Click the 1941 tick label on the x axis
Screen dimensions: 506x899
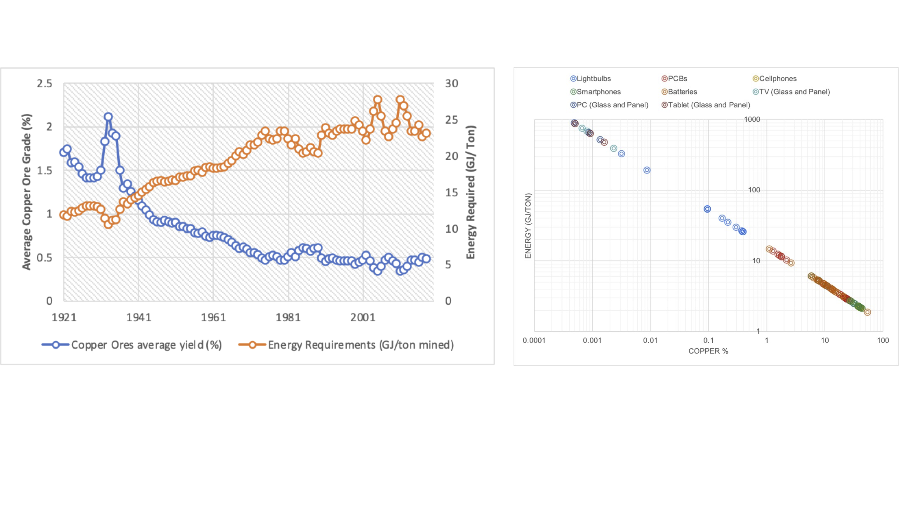(x=139, y=317)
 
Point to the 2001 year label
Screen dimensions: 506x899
(x=363, y=317)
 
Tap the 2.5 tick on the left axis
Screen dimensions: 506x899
(x=44, y=83)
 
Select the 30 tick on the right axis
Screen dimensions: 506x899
(x=452, y=83)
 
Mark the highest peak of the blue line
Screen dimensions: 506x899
(x=108, y=117)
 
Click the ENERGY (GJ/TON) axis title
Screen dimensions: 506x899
(x=528, y=226)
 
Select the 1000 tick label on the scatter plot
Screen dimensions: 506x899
(x=752, y=120)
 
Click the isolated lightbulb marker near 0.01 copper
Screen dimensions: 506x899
(x=647, y=170)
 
